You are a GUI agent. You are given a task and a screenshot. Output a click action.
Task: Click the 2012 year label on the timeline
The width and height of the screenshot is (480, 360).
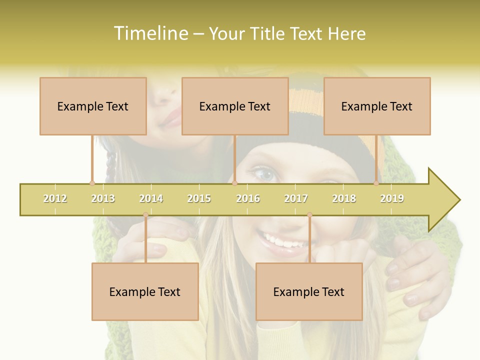[x=55, y=198]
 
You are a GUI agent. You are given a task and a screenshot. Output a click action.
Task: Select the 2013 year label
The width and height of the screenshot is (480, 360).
[x=103, y=198]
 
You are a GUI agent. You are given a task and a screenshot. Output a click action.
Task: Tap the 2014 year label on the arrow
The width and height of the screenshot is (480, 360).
[x=151, y=198]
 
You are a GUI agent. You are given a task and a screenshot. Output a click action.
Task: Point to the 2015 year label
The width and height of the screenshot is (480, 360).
[x=199, y=198]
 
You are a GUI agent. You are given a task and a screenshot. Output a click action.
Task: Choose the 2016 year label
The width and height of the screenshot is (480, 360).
[x=248, y=198]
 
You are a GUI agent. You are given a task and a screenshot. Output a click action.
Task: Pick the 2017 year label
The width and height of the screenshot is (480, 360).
[x=296, y=198]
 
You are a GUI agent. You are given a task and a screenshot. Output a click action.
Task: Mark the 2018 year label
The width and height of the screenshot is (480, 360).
[x=344, y=198]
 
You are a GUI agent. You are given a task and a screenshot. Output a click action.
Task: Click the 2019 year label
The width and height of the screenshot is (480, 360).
[x=392, y=198]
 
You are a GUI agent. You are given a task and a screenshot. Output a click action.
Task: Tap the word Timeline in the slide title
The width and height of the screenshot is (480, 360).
[x=149, y=33]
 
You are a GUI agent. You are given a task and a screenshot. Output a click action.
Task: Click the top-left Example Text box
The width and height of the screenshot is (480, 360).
[x=93, y=106]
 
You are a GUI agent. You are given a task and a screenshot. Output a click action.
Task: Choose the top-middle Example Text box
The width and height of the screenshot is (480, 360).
[x=235, y=106]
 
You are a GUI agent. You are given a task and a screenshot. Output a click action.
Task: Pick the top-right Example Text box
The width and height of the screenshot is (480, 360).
[x=377, y=106]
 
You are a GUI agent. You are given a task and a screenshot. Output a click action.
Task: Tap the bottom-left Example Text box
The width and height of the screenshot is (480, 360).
[x=145, y=291]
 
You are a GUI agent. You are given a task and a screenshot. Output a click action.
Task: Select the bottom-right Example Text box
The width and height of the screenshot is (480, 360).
[x=309, y=291]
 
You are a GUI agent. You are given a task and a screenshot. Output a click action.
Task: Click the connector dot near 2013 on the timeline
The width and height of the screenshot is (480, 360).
[x=92, y=183]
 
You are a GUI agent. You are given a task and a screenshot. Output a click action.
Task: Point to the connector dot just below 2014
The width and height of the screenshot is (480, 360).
[x=145, y=215]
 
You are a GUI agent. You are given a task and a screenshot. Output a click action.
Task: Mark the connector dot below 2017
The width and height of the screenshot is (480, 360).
[x=309, y=215]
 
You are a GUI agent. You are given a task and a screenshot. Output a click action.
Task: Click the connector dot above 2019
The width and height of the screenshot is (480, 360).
[x=376, y=183]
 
